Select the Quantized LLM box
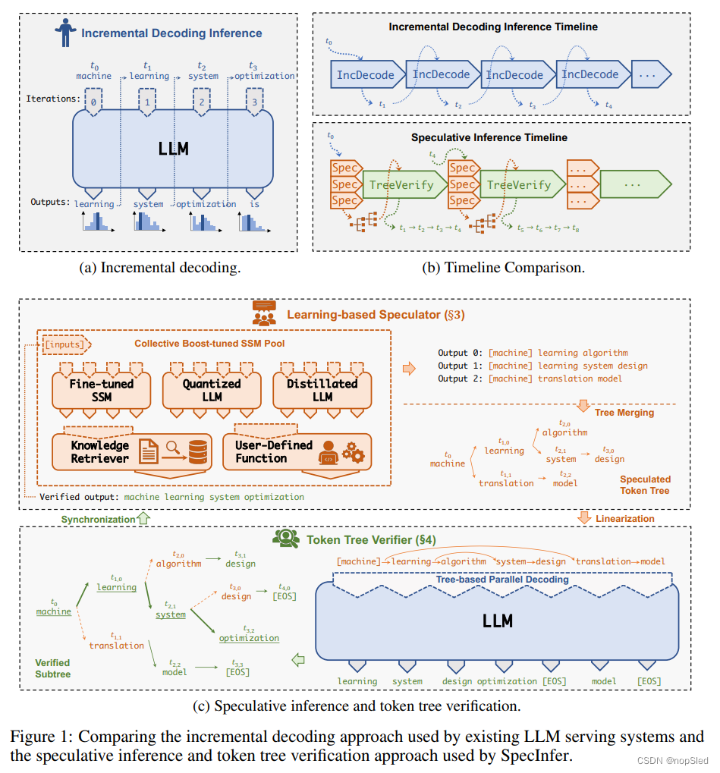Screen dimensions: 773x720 click(212, 390)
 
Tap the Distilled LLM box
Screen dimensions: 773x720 click(322, 390)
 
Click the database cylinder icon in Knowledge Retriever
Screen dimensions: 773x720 click(198, 453)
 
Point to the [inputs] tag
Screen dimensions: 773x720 click(64, 344)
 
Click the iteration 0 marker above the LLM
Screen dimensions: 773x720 click(93, 100)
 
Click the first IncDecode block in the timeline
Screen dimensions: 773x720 click(366, 74)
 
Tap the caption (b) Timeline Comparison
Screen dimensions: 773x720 click(502, 267)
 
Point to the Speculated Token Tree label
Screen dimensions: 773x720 click(645, 485)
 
